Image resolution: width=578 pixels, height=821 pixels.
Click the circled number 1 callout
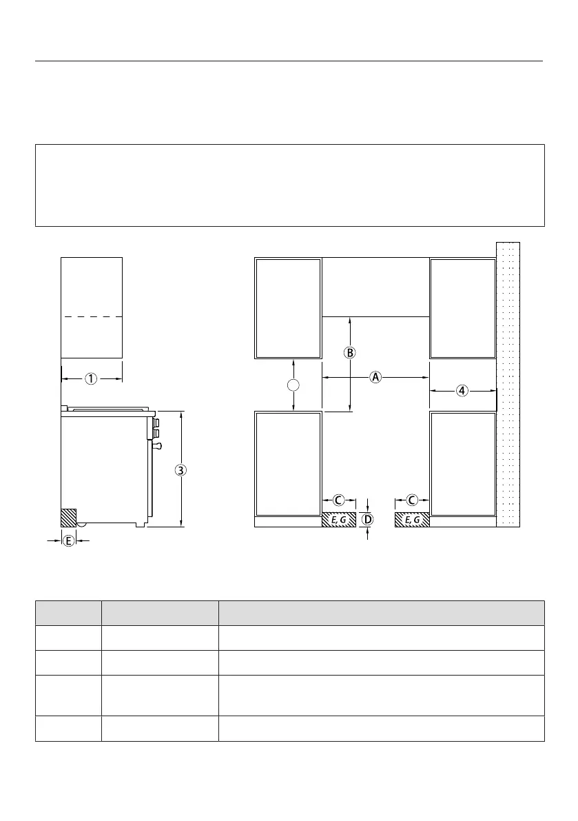tap(92, 378)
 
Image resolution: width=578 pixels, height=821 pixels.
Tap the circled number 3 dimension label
tap(180, 470)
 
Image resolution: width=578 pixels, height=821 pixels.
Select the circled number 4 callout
tap(462, 391)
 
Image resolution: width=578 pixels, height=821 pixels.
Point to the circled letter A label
tap(375, 377)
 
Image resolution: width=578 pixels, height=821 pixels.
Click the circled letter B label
tap(349, 352)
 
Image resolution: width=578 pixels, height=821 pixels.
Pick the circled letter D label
tap(369, 519)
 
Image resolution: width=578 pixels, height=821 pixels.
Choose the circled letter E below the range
tap(68, 541)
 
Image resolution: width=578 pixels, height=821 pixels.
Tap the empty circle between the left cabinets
tap(294, 385)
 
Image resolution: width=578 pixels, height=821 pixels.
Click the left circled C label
tap(338, 500)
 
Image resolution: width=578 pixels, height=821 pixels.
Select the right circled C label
tap(412, 500)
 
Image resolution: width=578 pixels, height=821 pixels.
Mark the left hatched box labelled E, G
tap(339, 520)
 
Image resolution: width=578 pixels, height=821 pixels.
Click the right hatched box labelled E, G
tap(412, 520)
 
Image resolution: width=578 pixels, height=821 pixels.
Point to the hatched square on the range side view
tap(69, 518)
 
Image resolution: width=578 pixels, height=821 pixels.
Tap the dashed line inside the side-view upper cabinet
tap(92, 317)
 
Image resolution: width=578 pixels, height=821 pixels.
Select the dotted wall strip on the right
tap(508, 385)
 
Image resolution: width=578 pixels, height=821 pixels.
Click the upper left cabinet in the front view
tap(288, 308)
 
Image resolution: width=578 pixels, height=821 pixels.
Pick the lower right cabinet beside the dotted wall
tap(462, 464)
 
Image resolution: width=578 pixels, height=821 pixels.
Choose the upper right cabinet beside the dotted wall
tap(462, 308)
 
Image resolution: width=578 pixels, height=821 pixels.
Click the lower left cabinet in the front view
tap(288, 464)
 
